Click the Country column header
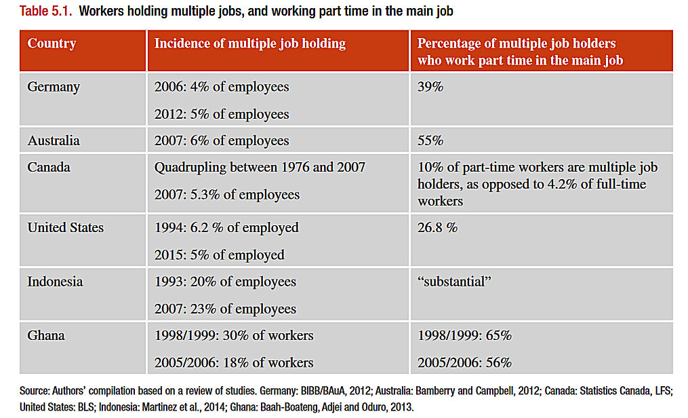pos(52,44)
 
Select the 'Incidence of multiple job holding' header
pos(249,44)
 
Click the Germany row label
pos(54,87)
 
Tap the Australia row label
pos(54,140)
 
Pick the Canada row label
pos(49,167)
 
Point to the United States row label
pos(66,227)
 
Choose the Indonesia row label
pos(55,282)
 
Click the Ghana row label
pos(46,335)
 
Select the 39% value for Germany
pos(430,87)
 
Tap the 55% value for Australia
pos(430,140)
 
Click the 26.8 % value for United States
pos(437,227)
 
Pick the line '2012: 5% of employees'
pos(222,114)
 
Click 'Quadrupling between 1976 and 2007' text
pos(260,167)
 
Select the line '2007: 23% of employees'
pos(225,309)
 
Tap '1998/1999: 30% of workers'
pos(234,335)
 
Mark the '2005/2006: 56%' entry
pos(464,362)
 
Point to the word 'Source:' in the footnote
pos(33,393)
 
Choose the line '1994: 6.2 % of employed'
pos(226,227)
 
